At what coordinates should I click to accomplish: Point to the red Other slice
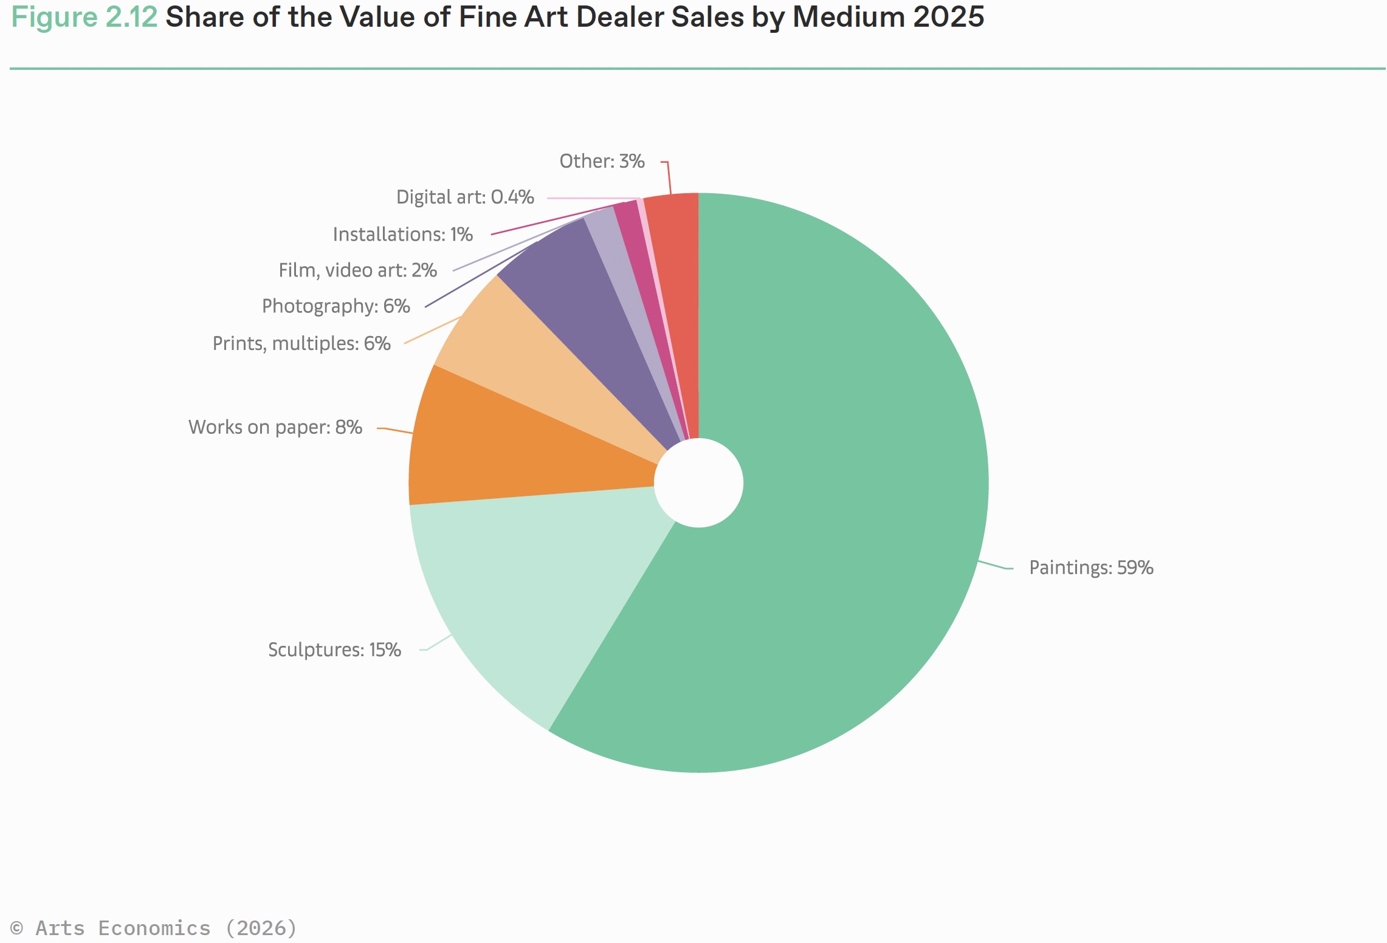[675, 273]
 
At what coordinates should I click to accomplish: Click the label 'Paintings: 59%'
[1091, 568]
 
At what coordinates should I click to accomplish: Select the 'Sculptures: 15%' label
[334, 650]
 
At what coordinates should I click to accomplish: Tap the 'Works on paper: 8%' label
[275, 427]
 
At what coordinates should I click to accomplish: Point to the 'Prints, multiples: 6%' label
[301, 343]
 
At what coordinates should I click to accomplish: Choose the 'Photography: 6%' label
[336, 306]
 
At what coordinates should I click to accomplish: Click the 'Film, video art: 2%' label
[357, 270]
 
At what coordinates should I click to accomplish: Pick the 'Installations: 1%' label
[402, 234]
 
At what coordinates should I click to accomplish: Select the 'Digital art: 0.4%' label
[465, 197]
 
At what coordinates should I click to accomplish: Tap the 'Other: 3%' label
[602, 161]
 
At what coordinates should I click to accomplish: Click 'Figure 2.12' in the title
[84, 17]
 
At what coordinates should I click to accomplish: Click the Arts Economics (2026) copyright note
[153, 928]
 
